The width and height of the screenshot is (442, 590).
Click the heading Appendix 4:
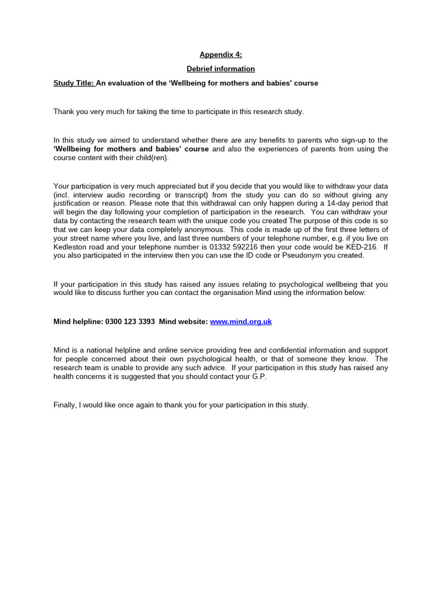pyautogui.click(x=221, y=55)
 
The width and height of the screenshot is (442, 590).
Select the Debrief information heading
pyautogui.click(x=221, y=69)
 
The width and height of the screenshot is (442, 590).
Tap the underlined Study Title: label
pyautogui.click(x=74, y=83)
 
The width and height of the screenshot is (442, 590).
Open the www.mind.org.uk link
pyautogui.click(x=241, y=322)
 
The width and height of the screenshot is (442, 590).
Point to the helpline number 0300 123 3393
pyautogui.click(x=130, y=322)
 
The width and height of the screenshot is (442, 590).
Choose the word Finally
pyautogui.click(x=64, y=405)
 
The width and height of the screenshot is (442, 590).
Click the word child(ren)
pyautogui.click(x=150, y=157)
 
